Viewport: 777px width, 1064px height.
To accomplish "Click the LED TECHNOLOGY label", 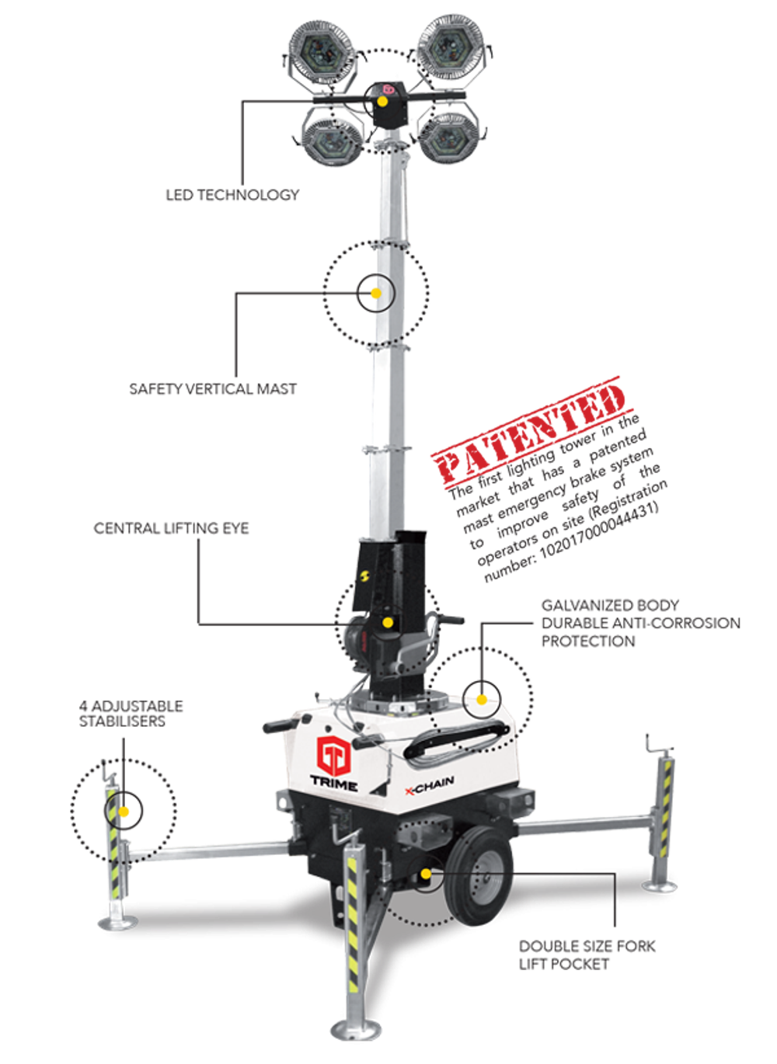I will (x=232, y=194).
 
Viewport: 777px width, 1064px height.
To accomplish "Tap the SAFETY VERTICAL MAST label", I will (x=213, y=388).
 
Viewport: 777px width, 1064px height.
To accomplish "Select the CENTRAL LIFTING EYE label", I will (x=171, y=528).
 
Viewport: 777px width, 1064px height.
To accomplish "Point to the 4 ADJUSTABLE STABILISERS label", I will (x=131, y=713).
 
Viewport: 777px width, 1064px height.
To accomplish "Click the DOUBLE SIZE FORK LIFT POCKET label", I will (x=587, y=955).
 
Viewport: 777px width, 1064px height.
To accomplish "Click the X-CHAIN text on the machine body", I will (x=429, y=787).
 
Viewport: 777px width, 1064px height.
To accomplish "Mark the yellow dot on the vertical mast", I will (x=375, y=294).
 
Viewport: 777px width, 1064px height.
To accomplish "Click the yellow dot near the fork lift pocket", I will (x=425, y=874).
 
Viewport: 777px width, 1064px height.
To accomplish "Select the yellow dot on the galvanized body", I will (x=482, y=699).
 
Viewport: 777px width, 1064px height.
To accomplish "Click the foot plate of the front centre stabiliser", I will (x=355, y=1030).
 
